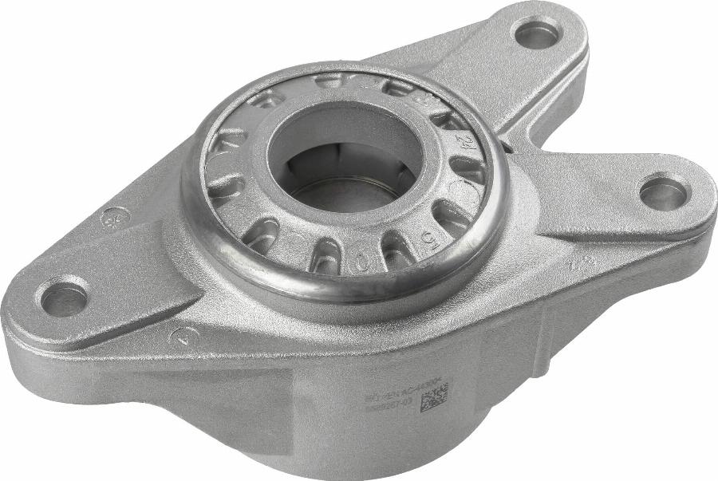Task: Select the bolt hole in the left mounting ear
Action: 65,299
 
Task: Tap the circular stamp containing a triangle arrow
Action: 184,337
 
